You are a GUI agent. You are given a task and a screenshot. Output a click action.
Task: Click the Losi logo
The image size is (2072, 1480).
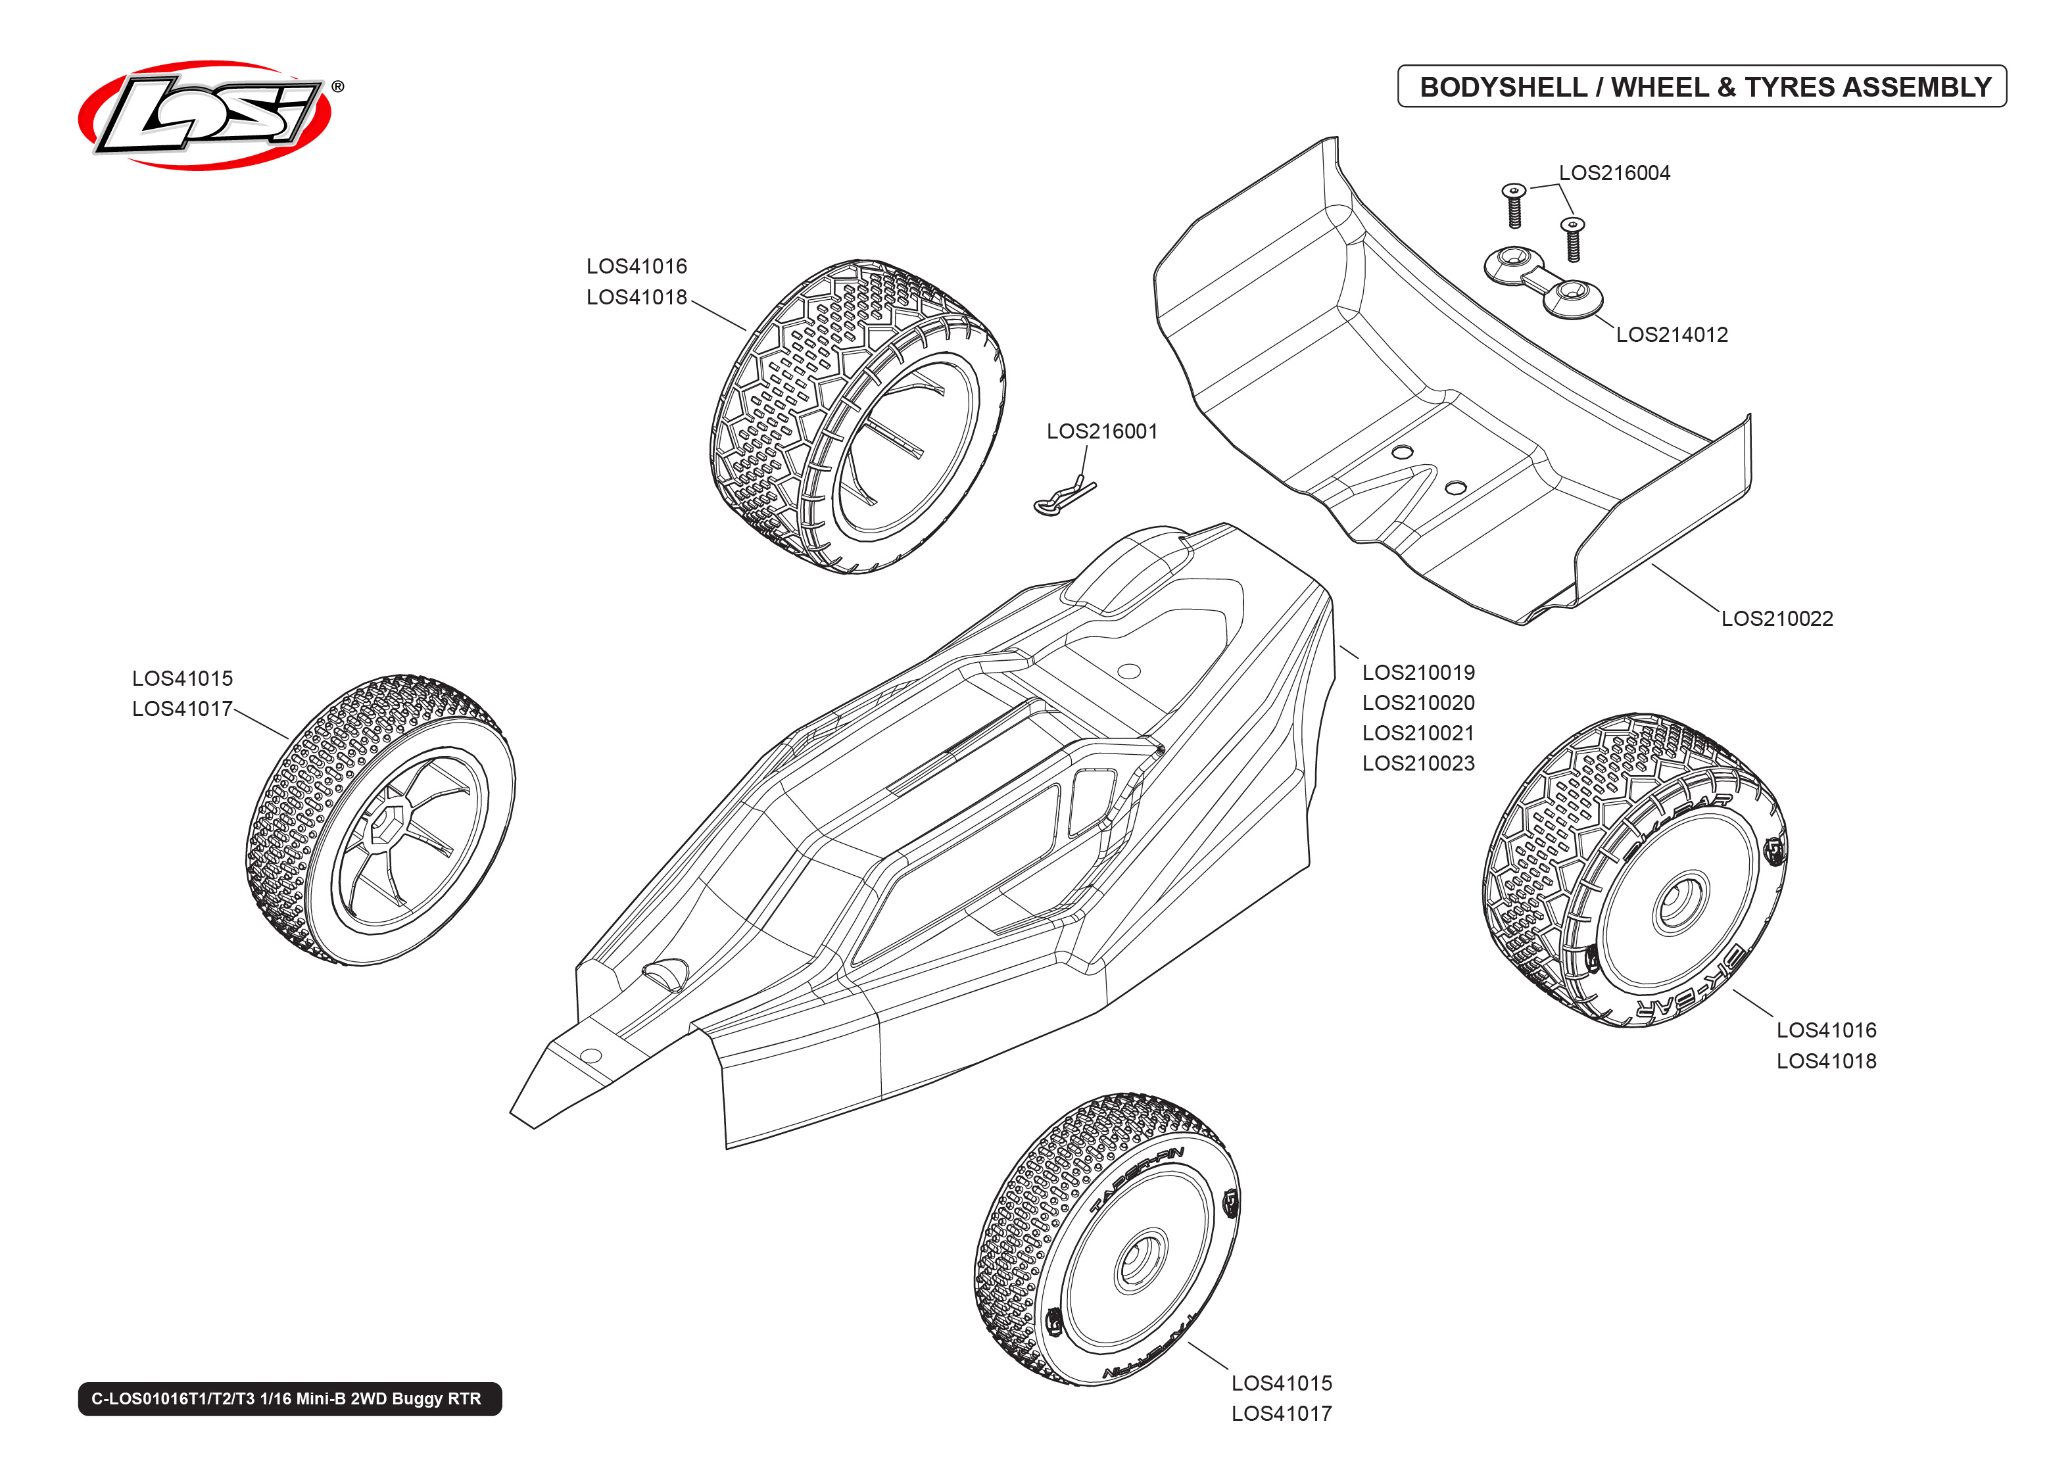tap(206, 115)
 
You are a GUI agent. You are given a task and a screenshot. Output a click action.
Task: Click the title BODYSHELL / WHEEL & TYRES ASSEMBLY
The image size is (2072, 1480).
tap(1704, 87)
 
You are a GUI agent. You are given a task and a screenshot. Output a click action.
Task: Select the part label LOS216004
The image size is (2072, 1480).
tap(1614, 173)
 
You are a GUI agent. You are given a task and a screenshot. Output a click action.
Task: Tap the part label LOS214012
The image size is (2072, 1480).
tap(1671, 335)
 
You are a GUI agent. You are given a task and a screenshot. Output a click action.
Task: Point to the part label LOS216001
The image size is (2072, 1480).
tap(1101, 431)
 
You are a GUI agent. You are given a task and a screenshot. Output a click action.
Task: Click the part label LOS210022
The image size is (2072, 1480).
tap(1776, 619)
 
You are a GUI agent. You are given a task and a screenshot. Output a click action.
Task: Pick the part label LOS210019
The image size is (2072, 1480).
tap(1418, 673)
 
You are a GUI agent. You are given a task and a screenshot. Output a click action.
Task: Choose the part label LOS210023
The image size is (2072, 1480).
tap(1418, 764)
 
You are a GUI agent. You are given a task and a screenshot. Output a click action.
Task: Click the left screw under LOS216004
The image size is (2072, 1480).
tap(1514, 205)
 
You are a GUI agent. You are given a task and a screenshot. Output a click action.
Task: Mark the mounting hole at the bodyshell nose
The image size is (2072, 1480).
tap(590, 1055)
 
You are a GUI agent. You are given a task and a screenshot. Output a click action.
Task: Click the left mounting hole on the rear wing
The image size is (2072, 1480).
tap(1403, 452)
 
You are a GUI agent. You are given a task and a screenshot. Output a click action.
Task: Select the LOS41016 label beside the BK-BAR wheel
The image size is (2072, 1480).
tap(1826, 1031)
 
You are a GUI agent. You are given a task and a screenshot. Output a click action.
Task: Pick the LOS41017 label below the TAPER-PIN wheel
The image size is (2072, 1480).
tap(1281, 1414)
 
